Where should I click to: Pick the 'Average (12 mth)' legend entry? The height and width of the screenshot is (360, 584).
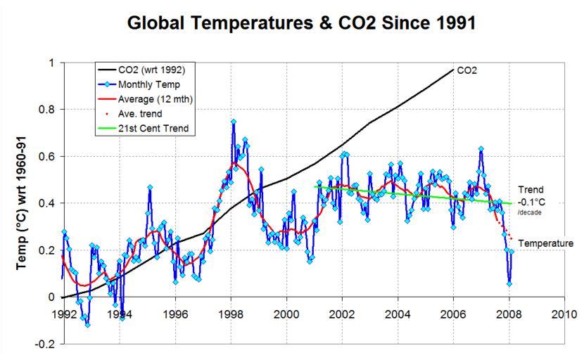coord(155,99)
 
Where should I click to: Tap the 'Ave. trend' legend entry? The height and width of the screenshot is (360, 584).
coord(144,114)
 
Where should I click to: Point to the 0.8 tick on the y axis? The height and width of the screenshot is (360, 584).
coord(46,110)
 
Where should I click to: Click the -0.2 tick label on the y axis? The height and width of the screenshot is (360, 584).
coord(45,344)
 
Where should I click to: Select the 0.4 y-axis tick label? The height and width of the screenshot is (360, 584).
coord(46,203)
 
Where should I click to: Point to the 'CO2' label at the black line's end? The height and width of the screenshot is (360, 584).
coord(467,70)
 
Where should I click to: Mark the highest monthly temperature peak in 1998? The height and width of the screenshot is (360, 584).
coord(233,122)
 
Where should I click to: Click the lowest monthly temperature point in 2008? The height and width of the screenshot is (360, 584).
coord(509,283)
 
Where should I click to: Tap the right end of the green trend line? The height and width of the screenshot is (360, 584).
coord(512,203)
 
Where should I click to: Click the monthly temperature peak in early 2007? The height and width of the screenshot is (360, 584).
coord(481,149)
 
